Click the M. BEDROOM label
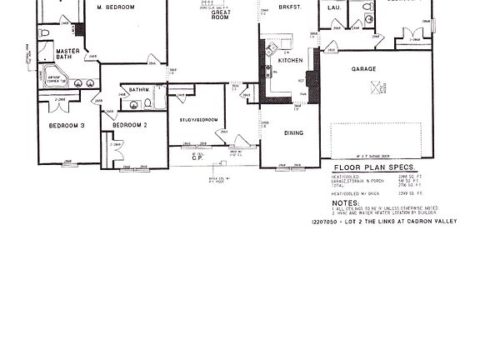(116, 7)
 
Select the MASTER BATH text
(67, 54)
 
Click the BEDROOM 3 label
(67, 125)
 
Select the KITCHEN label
(291, 61)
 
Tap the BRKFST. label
(289, 7)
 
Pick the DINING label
(293, 132)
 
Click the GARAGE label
(363, 68)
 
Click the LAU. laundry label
(334, 7)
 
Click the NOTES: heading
(345, 202)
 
